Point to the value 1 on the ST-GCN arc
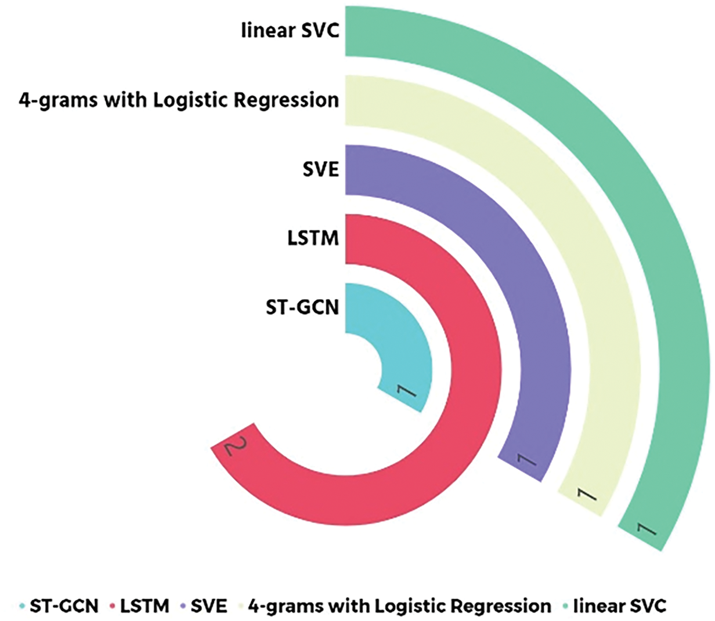pos(406,392)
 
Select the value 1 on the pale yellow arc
pos(586,495)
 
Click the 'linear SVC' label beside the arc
pos(290,30)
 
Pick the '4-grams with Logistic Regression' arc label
pos(179,100)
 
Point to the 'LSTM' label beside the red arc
pos(313,238)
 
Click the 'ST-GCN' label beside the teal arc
pos(302,307)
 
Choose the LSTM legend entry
pos(139,607)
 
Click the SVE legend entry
pos(204,607)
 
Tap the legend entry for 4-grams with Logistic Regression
pos(395,607)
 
